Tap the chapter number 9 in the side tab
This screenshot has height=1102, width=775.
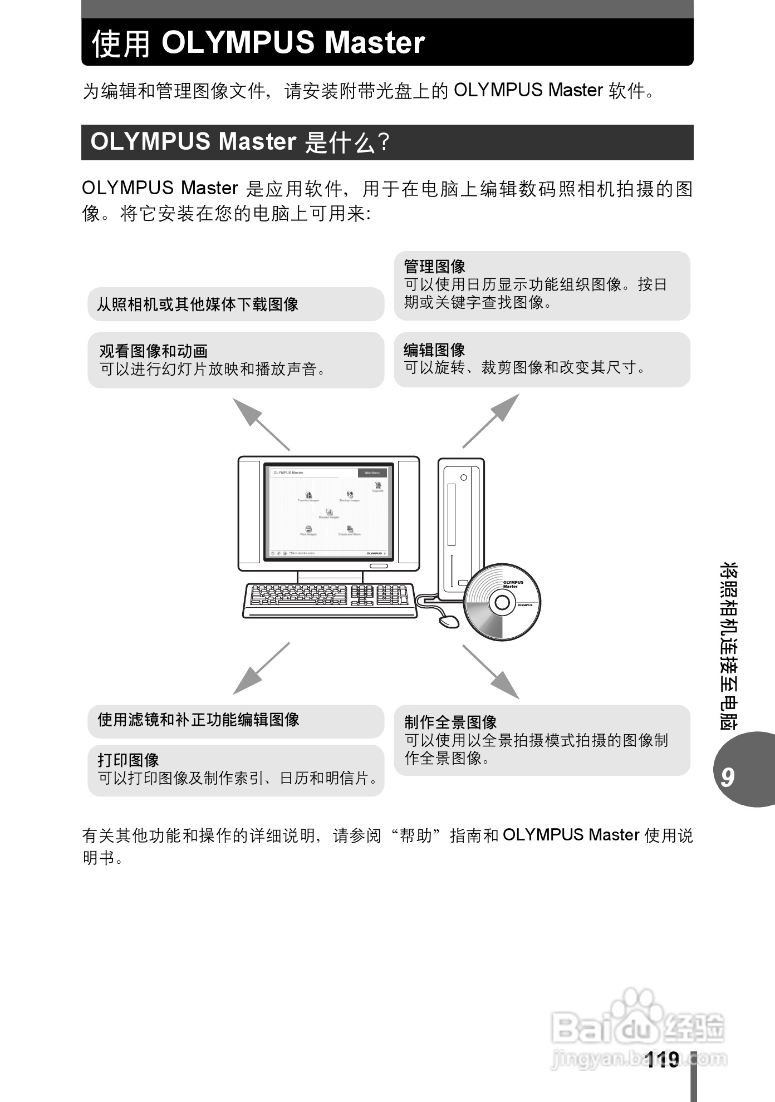[728, 777]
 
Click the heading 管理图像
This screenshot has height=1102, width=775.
[434, 267]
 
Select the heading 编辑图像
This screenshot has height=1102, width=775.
[434, 350]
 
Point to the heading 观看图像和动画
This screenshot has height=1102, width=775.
[153, 351]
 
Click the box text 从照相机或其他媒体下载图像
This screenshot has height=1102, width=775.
[198, 304]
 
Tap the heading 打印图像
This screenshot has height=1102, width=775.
[129, 760]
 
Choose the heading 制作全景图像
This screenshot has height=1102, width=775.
[450, 722]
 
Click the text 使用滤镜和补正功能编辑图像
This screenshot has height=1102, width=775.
[198, 720]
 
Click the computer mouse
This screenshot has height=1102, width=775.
[449, 621]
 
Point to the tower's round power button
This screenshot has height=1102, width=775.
[463, 478]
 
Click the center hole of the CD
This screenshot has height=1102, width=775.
[502, 603]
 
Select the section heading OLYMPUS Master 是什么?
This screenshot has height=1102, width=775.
[239, 142]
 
